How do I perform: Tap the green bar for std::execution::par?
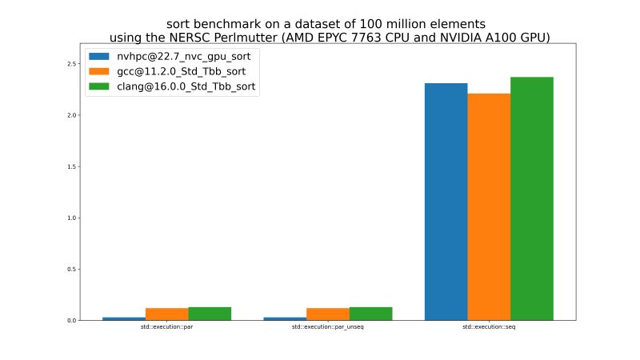tap(210, 314)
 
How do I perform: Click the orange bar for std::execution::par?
tap(166, 314)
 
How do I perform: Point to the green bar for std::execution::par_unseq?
tap(370, 314)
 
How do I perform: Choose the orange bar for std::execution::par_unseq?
tap(328, 314)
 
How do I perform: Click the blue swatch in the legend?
tap(99, 57)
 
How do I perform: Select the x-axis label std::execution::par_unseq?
tap(328, 328)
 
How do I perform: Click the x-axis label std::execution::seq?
tap(489, 328)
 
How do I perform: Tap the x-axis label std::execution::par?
tap(166, 328)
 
